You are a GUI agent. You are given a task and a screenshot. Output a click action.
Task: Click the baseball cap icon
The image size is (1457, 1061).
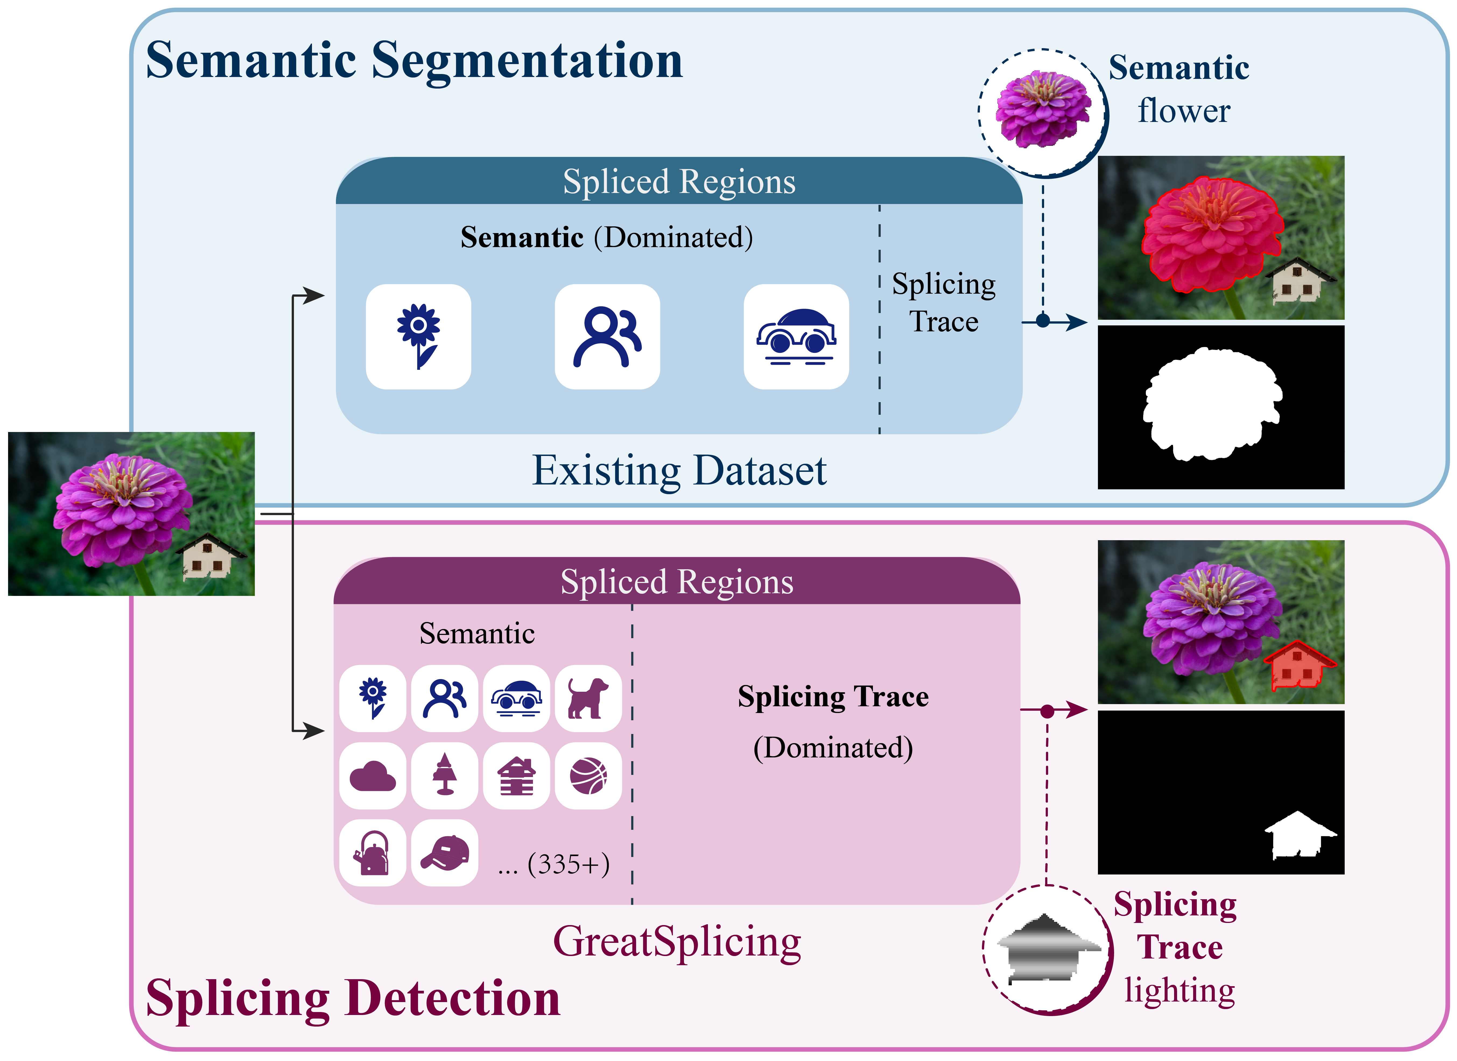click(445, 853)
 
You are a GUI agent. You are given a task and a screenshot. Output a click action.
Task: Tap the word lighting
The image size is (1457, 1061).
click(1179, 990)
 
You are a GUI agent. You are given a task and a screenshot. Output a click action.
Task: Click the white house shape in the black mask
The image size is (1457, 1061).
click(1299, 835)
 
